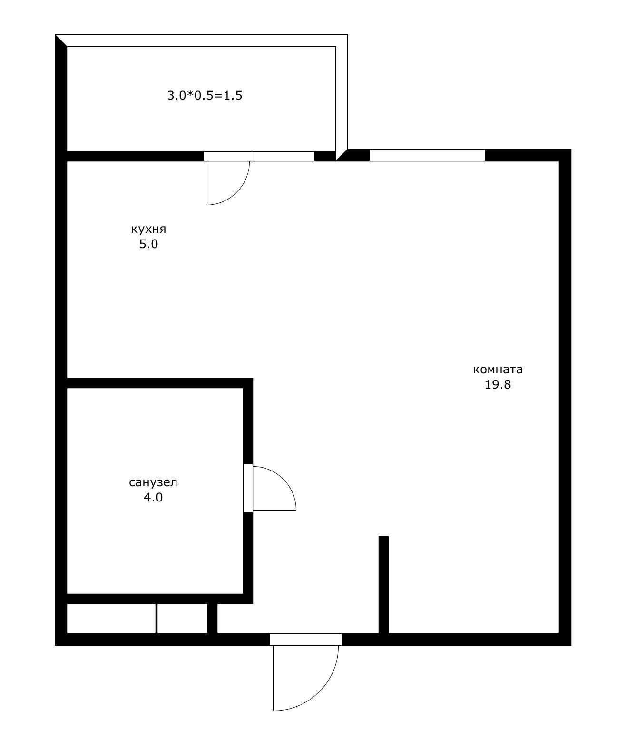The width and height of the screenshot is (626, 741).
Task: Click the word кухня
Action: click(148, 230)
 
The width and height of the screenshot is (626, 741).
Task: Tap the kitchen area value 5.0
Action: click(148, 244)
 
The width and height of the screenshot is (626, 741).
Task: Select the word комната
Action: click(498, 370)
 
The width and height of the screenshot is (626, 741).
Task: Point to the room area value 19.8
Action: click(498, 384)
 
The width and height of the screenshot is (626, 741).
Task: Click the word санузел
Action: click(153, 482)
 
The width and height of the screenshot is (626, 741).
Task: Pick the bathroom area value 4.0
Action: click(153, 497)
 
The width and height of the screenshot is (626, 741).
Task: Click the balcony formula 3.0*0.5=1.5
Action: click(205, 95)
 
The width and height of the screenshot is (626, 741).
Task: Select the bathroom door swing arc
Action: click(284, 479)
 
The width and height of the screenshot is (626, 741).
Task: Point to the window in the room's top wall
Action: click(427, 155)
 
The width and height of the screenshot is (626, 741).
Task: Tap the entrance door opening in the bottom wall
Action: click(305, 640)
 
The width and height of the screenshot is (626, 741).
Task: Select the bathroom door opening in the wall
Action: click(248, 488)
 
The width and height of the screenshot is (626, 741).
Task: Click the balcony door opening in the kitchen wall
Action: click(228, 157)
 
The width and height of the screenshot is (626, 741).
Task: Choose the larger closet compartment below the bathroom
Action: click(111, 619)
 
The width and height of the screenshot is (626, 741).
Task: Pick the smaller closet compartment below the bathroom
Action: click(182, 619)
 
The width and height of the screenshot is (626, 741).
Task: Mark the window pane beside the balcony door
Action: click(283, 157)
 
